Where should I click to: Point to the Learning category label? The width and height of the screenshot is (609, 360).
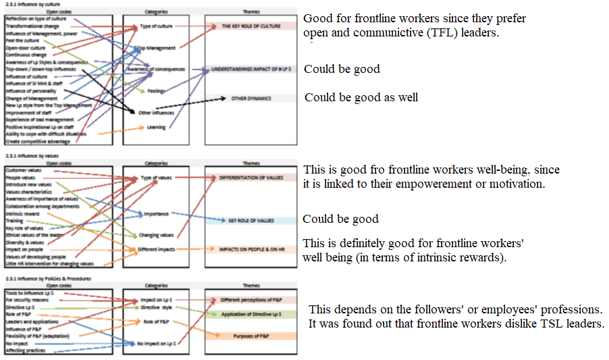(156, 127)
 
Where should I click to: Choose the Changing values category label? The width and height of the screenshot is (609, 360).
(156, 235)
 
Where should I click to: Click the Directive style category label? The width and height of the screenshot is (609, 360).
(156, 307)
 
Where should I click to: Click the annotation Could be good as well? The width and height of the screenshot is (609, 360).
(361, 97)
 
